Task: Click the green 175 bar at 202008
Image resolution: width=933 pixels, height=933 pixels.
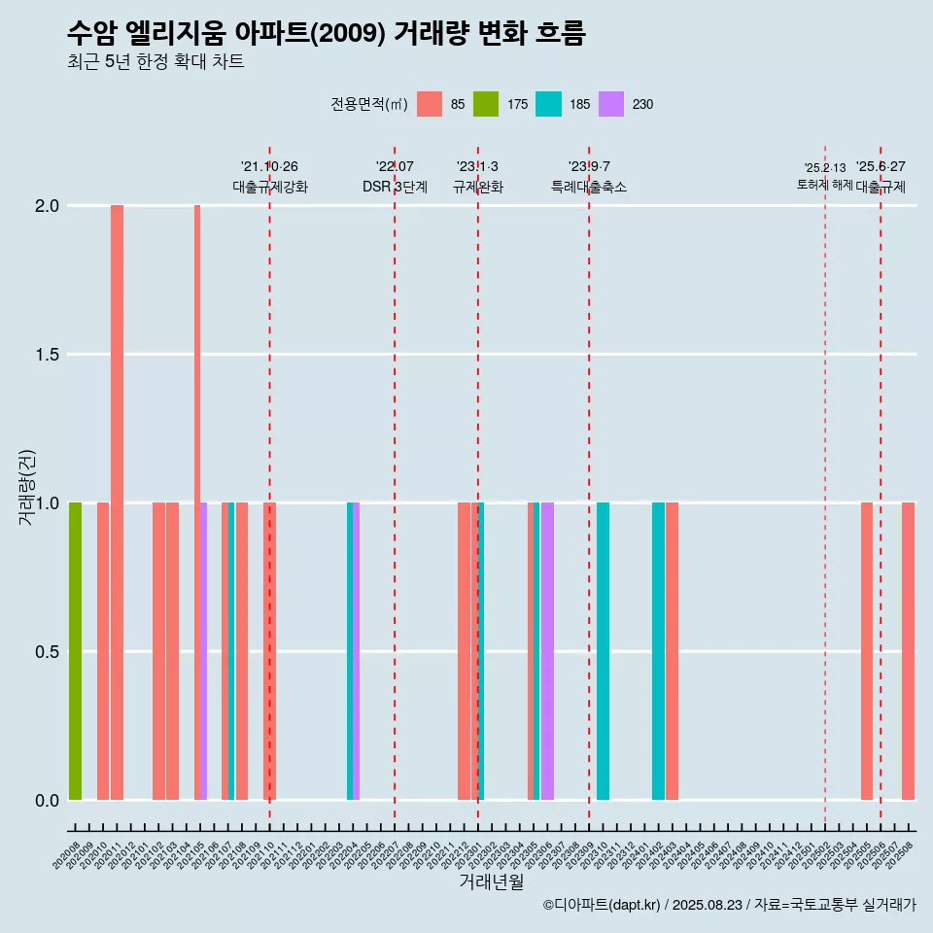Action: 75,651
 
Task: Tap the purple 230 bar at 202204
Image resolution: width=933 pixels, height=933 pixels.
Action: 357,651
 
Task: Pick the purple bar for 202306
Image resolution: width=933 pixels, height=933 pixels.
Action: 547,651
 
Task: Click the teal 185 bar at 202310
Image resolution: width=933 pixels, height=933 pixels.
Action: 603,651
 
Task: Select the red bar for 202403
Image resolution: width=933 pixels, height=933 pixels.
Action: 672,651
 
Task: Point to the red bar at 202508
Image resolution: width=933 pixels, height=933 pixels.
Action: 908,651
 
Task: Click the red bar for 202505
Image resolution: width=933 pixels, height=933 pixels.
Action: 866,651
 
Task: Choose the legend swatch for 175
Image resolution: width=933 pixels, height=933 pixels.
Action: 486,104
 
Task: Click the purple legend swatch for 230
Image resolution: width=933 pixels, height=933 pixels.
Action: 611,104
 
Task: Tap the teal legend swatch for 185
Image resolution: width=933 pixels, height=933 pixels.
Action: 548,104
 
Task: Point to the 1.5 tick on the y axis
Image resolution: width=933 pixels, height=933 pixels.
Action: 48,355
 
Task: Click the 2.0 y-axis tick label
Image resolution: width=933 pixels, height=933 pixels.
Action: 48,206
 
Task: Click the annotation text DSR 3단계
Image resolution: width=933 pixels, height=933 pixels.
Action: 395,188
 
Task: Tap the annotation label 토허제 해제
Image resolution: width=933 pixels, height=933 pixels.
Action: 824,185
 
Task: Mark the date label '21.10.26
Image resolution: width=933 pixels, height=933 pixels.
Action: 269,166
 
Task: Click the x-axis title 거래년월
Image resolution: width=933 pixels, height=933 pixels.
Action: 491,882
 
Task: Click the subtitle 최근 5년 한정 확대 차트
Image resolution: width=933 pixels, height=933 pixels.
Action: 155,62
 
